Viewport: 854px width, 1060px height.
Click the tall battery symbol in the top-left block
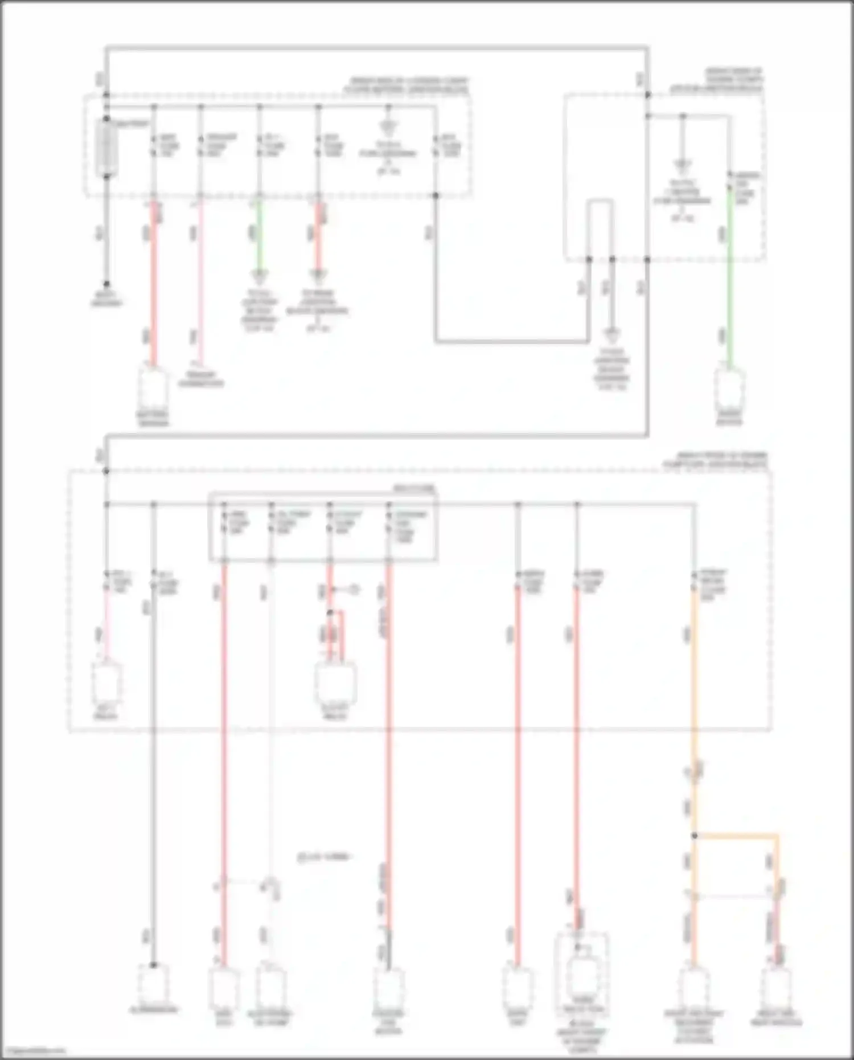click(x=106, y=148)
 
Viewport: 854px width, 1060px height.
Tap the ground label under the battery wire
click(x=106, y=298)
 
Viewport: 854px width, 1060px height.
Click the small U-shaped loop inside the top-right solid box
click(x=600, y=228)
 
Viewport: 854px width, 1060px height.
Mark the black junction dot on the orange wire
click(x=694, y=836)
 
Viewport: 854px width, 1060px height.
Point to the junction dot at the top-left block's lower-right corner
click(x=436, y=195)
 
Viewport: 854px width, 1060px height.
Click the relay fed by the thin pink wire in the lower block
click(x=106, y=684)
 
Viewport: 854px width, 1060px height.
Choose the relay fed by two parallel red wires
click(x=335, y=684)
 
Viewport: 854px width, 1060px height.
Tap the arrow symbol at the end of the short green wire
click(x=259, y=278)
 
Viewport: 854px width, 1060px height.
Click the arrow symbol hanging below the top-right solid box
click(x=612, y=335)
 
